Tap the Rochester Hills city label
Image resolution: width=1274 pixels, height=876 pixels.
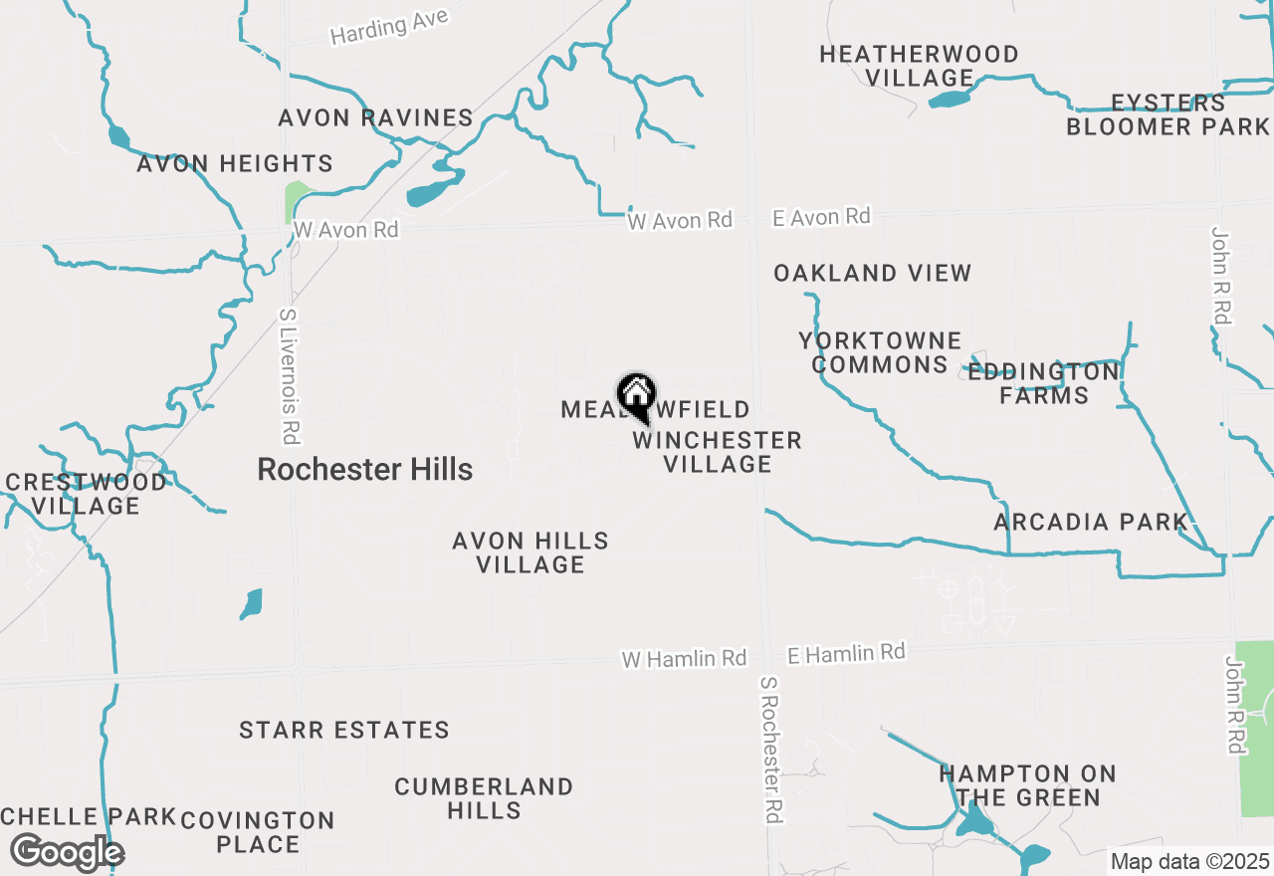pos(364,469)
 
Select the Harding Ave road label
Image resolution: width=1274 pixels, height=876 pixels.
pos(389,27)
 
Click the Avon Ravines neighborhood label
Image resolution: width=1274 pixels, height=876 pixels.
pos(375,117)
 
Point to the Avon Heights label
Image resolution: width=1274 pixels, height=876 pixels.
pos(235,163)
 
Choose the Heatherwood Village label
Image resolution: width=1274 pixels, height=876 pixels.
pos(919,66)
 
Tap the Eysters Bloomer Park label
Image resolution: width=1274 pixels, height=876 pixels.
pos(1168,114)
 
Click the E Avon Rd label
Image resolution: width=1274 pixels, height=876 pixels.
pos(821,217)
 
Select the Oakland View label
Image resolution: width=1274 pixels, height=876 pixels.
pos(872,273)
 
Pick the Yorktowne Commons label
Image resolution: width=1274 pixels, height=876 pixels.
pos(880,353)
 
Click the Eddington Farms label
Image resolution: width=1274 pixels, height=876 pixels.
pos(1044,383)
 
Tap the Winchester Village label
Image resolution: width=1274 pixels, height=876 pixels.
pos(717,452)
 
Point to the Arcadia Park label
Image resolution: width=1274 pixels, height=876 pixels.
pos(1091,522)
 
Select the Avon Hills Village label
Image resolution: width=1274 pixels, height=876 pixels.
pos(531,552)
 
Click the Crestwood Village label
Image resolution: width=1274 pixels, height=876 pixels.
pos(86,494)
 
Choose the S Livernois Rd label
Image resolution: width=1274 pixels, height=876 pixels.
pos(289,375)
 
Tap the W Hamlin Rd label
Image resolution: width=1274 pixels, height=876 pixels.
pos(684,659)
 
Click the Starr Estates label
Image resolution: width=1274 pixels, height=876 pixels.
pos(344,730)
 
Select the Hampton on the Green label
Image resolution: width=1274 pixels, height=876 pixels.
pos(1028,785)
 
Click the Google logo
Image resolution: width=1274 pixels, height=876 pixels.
pos(67,852)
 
